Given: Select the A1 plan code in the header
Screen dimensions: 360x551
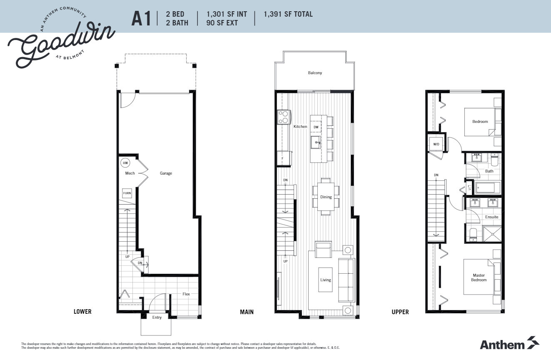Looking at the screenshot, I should (x=141, y=19).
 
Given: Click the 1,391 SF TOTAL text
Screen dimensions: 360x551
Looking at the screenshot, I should (x=288, y=15).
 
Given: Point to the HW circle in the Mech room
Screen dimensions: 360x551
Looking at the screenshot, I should (x=125, y=163).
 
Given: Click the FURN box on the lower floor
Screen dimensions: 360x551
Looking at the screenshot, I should (x=127, y=193).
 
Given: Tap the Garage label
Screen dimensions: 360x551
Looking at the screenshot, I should (x=166, y=173).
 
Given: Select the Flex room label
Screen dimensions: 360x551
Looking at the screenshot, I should (x=186, y=294).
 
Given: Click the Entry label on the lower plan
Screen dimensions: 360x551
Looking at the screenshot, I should (x=157, y=317).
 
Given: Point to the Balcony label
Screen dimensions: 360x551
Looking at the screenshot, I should (x=315, y=73).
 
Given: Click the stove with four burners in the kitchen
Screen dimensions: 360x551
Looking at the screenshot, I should (x=284, y=117).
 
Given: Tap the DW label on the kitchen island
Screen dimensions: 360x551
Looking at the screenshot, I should (x=316, y=127).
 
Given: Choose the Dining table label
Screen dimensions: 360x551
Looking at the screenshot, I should (x=326, y=197).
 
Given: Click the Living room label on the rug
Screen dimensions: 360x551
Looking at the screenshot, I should (x=325, y=280).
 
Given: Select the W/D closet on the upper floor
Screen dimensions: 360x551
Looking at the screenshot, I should (x=436, y=144).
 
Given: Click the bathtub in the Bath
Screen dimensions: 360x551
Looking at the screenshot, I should (x=487, y=188).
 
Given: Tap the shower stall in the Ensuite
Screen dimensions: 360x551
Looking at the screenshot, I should (x=492, y=234).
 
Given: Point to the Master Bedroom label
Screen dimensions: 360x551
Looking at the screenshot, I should (x=479, y=277).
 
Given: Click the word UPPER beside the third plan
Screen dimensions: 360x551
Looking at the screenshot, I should (x=400, y=312).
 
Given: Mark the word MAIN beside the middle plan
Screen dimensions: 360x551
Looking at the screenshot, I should (x=247, y=312).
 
